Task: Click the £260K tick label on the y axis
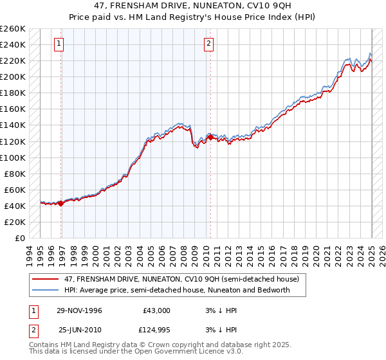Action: click(x=13, y=29)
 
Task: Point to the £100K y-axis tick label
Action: click(x=13, y=157)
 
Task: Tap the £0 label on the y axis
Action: click(x=20, y=238)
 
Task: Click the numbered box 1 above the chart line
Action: click(x=59, y=44)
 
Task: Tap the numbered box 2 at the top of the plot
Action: click(x=209, y=44)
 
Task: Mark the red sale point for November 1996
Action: click(x=60, y=203)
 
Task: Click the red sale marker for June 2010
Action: click(x=210, y=137)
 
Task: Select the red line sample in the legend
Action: click(x=46, y=280)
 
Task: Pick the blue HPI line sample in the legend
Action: click(x=46, y=290)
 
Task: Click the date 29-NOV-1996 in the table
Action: click(x=79, y=310)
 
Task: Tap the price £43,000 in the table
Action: click(x=156, y=310)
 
